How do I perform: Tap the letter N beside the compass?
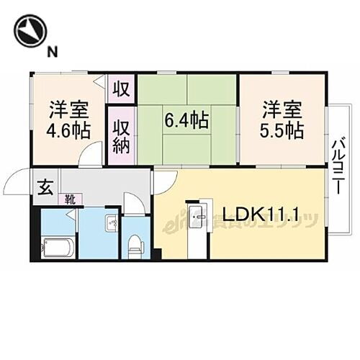click(x=52, y=51)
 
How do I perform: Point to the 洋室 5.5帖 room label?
click(x=282, y=121)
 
